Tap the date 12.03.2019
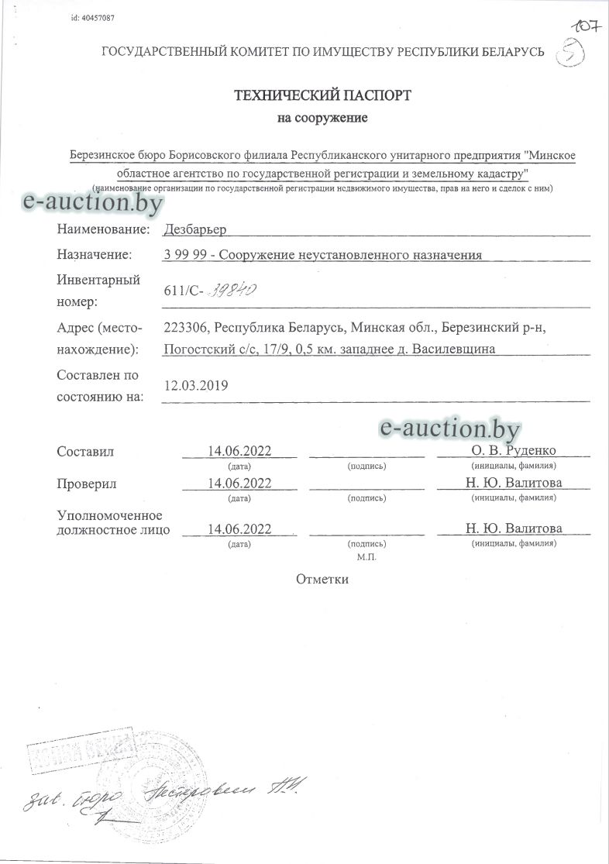[x=197, y=385]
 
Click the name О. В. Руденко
[x=513, y=451]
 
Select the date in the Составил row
[x=239, y=451]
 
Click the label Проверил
[x=87, y=484]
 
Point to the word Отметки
[x=322, y=579]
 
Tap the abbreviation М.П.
[x=366, y=557]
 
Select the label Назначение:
[x=94, y=254]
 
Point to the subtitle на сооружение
[x=322, y=119]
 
